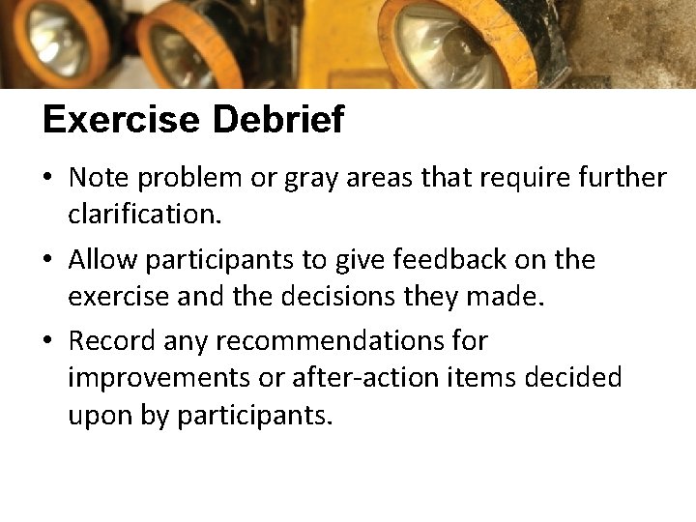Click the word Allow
104,260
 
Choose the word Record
111,341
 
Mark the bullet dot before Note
47,179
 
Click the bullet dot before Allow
47,261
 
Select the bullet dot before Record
47,342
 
